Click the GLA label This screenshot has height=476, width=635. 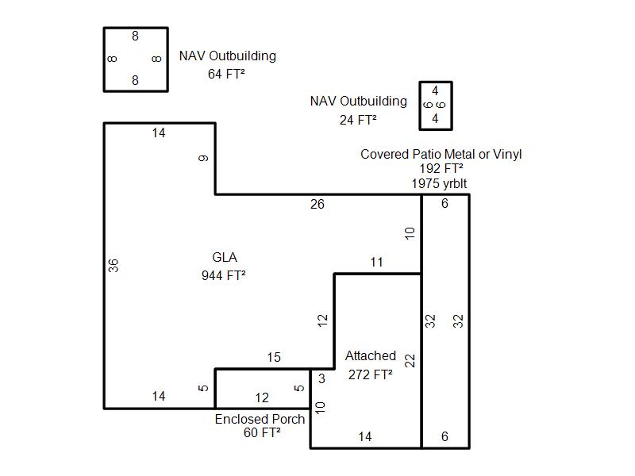225,258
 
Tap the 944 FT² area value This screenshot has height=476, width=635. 225,275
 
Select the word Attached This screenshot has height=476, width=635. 370,356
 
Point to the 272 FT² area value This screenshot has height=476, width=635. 370,374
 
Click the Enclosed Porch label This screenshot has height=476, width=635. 260,419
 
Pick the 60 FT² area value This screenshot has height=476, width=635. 262,433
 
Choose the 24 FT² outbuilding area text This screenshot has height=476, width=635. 357,120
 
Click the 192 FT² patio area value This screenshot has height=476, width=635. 441,169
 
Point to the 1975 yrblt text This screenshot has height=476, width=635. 439,183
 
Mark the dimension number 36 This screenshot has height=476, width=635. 114,266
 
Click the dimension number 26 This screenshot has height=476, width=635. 317,205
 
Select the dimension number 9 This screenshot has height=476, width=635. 204,159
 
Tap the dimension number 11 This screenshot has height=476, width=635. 376,263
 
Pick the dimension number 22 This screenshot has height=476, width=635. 410,360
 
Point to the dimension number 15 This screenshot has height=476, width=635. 274,358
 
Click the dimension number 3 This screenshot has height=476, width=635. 321,379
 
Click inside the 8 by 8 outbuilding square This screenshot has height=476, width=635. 135,59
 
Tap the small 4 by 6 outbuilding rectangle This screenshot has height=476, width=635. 436,105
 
